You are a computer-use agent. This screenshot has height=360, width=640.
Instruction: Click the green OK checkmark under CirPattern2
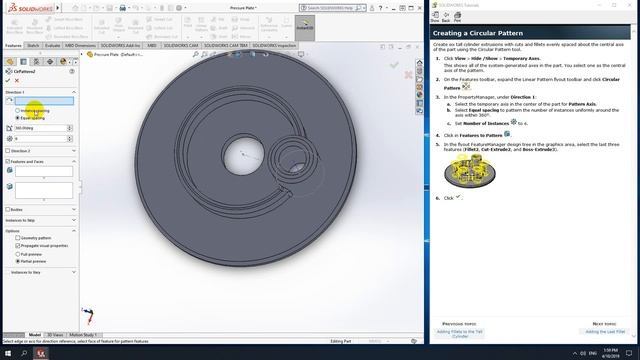point(8,80)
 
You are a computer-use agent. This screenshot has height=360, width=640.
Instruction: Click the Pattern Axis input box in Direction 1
point(43,101)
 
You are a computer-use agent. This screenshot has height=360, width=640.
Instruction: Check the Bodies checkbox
point(9,209)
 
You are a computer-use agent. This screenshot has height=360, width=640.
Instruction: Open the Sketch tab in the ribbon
point(33,45)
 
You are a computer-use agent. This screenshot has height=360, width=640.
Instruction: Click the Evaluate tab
point(53,45)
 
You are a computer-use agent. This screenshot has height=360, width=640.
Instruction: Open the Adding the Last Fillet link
point(604,330)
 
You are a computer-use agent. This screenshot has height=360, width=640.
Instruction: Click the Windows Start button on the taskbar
point(7,353)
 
